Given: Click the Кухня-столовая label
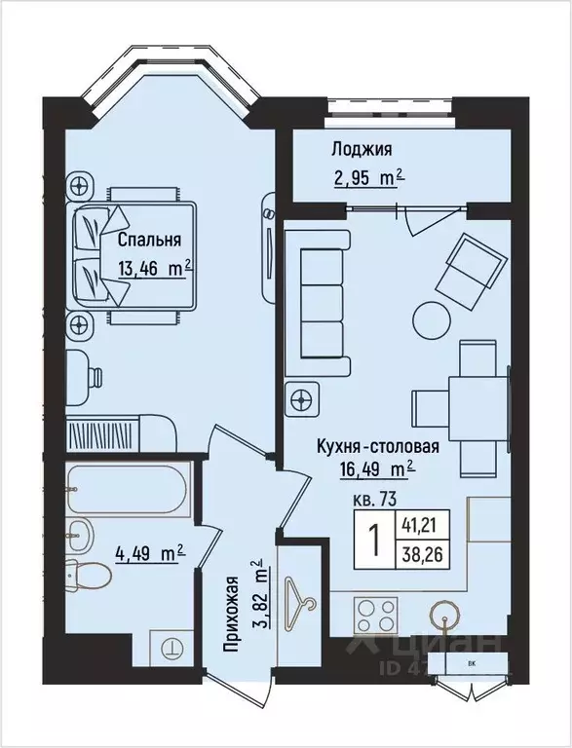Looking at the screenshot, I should tap(378, 447).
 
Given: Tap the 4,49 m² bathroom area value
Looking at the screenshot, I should tap(150, 553).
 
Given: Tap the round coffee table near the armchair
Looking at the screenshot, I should tap(430, 318).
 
